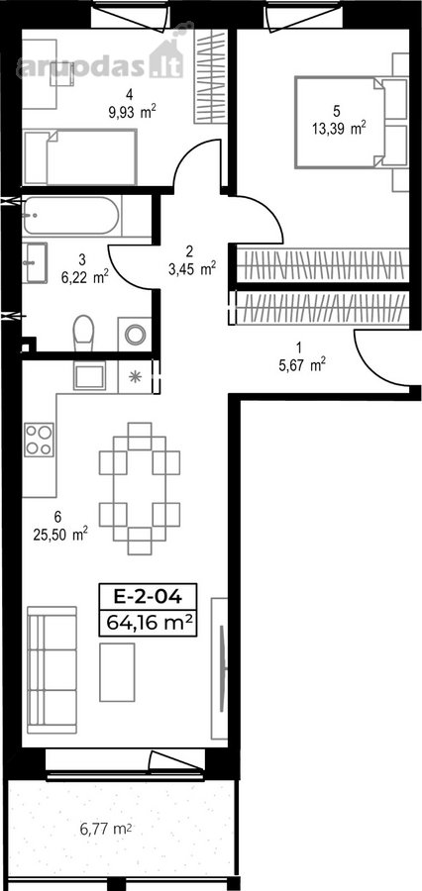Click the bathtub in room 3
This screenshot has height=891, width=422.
(71, 216)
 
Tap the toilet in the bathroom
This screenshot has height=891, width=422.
(83, 334)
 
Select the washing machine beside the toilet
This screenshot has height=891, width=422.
(136, 335)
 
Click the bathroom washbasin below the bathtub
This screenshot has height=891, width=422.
(35, 262)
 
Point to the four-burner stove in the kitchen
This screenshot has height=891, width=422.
(39, 440)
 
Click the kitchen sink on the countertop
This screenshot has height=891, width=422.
(89, 375)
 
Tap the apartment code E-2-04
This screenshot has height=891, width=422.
(148, 597)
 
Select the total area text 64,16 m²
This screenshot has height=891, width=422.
(148, 624)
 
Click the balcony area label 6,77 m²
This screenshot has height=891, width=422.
(106, 829)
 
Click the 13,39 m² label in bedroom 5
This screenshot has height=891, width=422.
(338, 129)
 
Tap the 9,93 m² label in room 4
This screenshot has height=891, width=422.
(132, 111)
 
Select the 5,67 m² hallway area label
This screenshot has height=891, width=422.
(301, 365)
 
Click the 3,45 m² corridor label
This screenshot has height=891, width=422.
(191, 268)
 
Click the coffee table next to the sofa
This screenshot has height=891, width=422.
(117, 672)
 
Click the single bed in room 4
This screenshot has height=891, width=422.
(80, 156)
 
